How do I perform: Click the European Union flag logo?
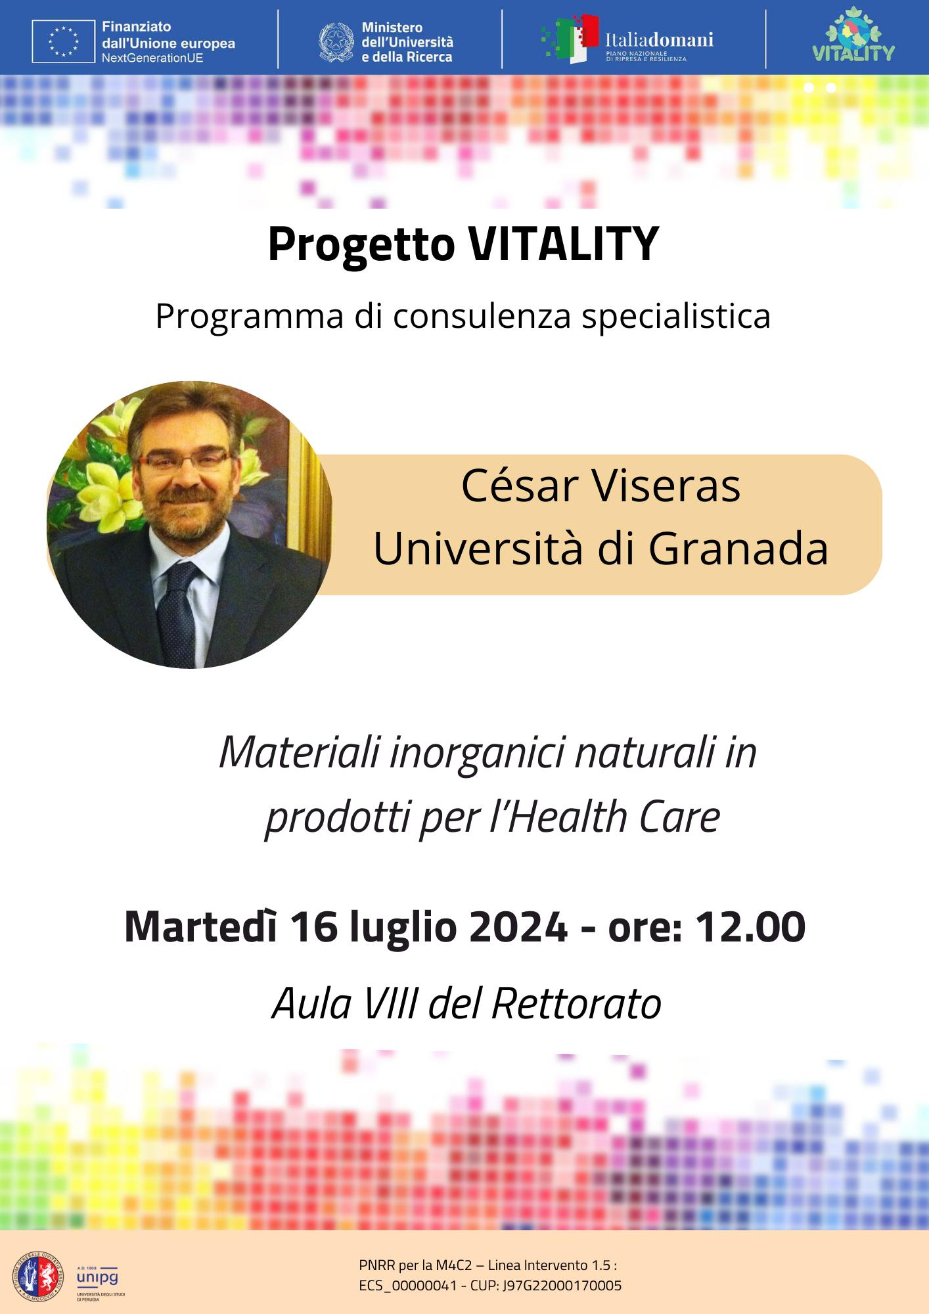click(x=63, y=41)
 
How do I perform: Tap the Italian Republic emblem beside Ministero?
click(x=336, y=42)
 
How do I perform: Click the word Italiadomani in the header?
click(x=659, y=40)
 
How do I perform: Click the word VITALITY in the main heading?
click(x=563, y=244)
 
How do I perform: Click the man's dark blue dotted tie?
click(x=180, y=611)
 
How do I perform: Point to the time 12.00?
click(x=750, y=927)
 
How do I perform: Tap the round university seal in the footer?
click(x=39, y=1277)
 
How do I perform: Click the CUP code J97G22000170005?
click(x=562, y=1286)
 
